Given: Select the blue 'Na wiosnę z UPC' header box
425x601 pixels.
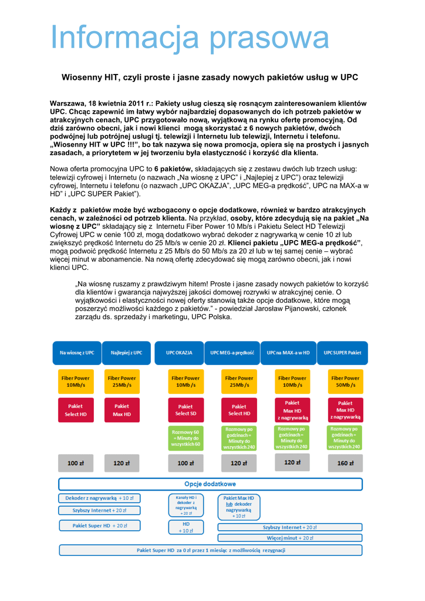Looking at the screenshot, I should pos(77,353).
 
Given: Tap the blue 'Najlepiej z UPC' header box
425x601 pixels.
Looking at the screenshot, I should pos(126,353).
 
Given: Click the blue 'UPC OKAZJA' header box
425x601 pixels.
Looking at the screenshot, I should pos(180,353).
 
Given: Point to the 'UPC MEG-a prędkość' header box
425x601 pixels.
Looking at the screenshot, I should pos(232,353).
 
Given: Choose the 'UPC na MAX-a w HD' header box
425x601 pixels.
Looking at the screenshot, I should pos(288,353).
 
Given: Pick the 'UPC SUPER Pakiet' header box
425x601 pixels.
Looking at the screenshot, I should pos(343,353).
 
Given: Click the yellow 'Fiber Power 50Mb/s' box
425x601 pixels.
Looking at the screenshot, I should pos(345,381).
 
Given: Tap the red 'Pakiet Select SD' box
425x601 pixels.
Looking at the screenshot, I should pos(185,410).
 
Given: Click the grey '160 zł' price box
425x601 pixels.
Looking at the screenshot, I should pos(345,463).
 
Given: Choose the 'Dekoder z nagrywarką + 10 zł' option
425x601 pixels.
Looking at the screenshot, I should pos(100,498).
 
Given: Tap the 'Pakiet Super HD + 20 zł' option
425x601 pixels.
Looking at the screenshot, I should pos(100,525).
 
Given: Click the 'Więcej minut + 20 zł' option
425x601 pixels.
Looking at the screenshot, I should pos(290,537).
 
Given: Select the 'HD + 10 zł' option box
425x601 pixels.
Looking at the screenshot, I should pos(185,527).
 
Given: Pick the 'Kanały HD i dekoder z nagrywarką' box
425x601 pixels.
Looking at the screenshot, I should pos(185,505).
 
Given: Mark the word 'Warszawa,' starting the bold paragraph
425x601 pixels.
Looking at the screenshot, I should pos(69,103).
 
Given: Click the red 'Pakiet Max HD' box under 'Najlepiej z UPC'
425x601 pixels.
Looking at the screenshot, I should pos(122,410).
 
